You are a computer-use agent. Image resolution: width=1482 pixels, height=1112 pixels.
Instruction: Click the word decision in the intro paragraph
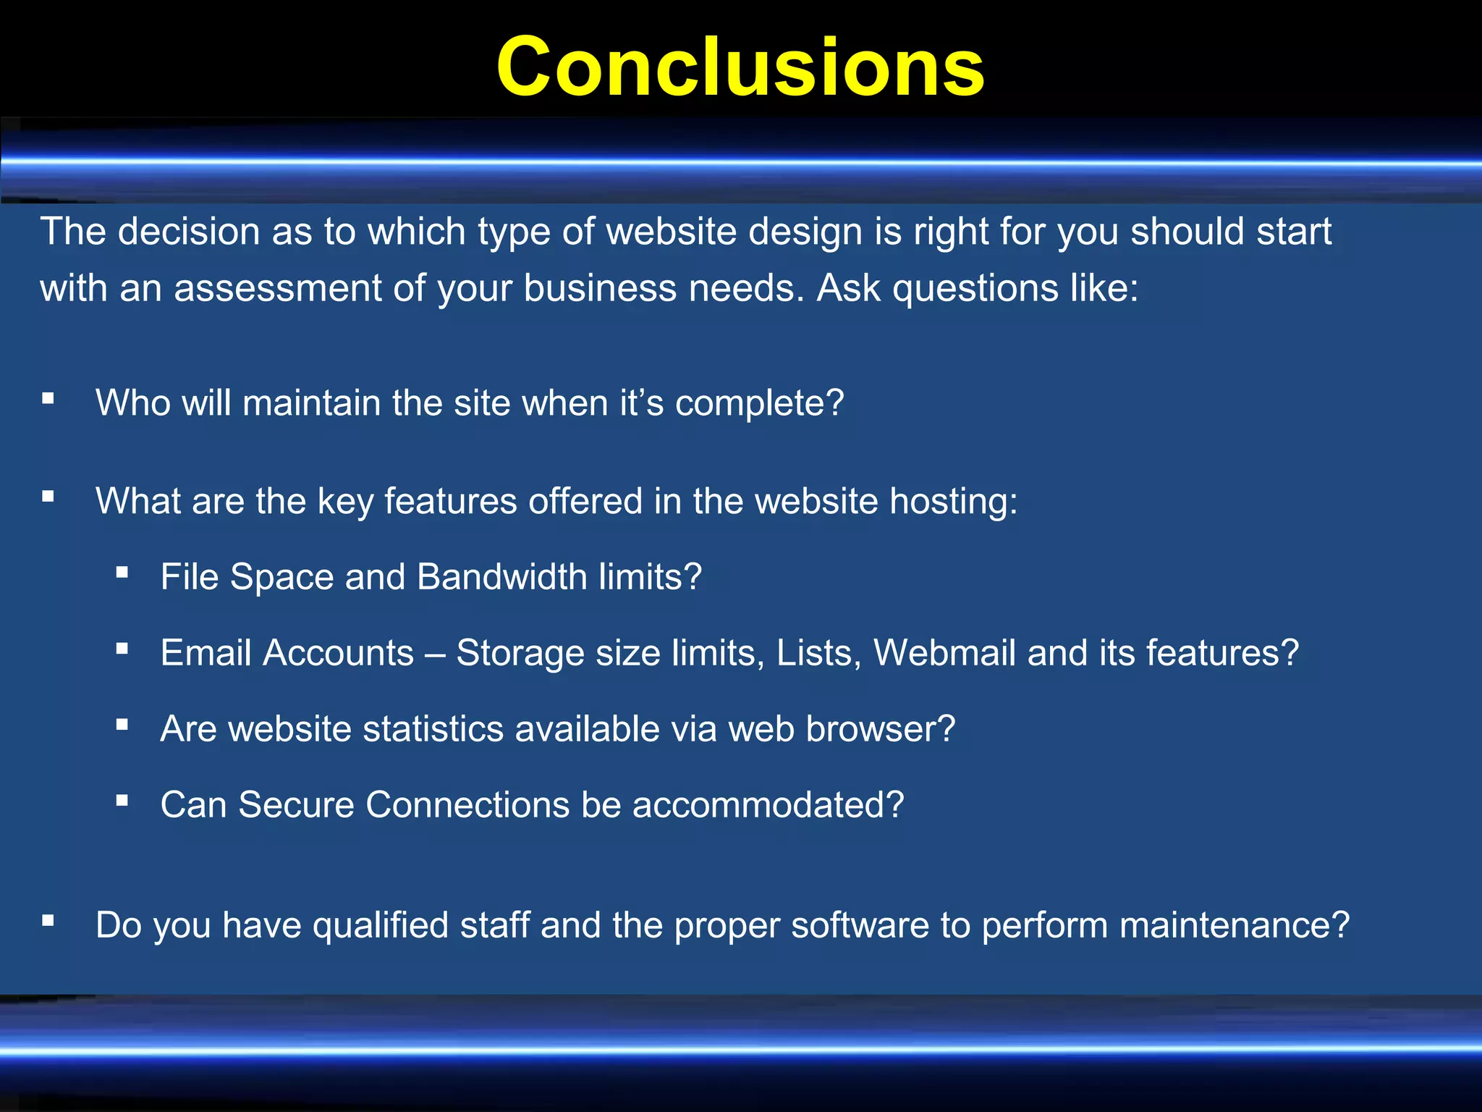tap(188, 232)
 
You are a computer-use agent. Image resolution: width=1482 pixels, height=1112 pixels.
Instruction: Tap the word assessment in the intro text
tap(277, 288)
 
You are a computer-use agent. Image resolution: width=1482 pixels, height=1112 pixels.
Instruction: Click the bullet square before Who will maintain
tap(48, 398)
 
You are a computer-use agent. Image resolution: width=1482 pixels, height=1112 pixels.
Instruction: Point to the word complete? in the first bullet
tap(759, 403)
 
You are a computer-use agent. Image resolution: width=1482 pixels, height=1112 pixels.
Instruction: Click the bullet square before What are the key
tap(48, 497)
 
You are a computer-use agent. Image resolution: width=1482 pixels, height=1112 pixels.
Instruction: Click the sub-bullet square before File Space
tap(122, 573)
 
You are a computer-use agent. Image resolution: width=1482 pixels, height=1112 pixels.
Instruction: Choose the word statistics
tap(433, 729)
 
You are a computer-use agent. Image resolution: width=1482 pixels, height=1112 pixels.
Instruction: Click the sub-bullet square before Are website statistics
tap(122, 724)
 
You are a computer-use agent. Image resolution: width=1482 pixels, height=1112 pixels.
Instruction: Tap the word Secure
tap(296, 805)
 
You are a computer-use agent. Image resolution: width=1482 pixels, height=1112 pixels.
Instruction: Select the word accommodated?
tap(768, 805)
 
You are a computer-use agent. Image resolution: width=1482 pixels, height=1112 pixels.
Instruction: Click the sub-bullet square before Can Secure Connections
tap(122, 800)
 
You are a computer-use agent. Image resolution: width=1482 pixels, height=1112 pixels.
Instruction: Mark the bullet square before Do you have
tap(48, 920)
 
